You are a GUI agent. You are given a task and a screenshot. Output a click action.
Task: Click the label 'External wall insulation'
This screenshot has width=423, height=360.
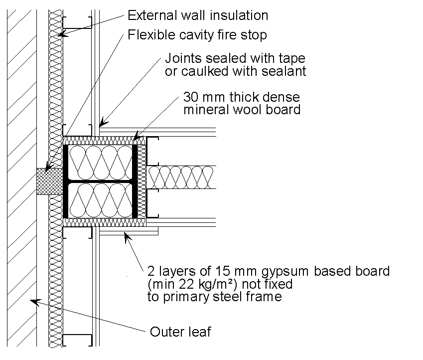click(x=198, y=15)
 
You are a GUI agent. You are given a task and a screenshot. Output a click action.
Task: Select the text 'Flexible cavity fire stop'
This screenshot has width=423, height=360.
click(x=197, y=35)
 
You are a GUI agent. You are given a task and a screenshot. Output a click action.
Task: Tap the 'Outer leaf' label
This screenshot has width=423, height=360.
click(x=180, y=332)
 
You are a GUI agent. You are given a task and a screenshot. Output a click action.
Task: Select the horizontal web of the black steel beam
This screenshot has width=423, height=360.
click(x=100, y=180)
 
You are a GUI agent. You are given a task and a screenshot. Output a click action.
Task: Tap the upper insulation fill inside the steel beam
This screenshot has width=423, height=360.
click(x=100, y=162)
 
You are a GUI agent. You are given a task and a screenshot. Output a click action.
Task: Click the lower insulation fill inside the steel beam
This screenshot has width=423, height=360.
click(x=100, y=199)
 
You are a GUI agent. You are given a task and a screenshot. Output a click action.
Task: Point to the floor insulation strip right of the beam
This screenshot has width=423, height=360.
click(x=182, y=177)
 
